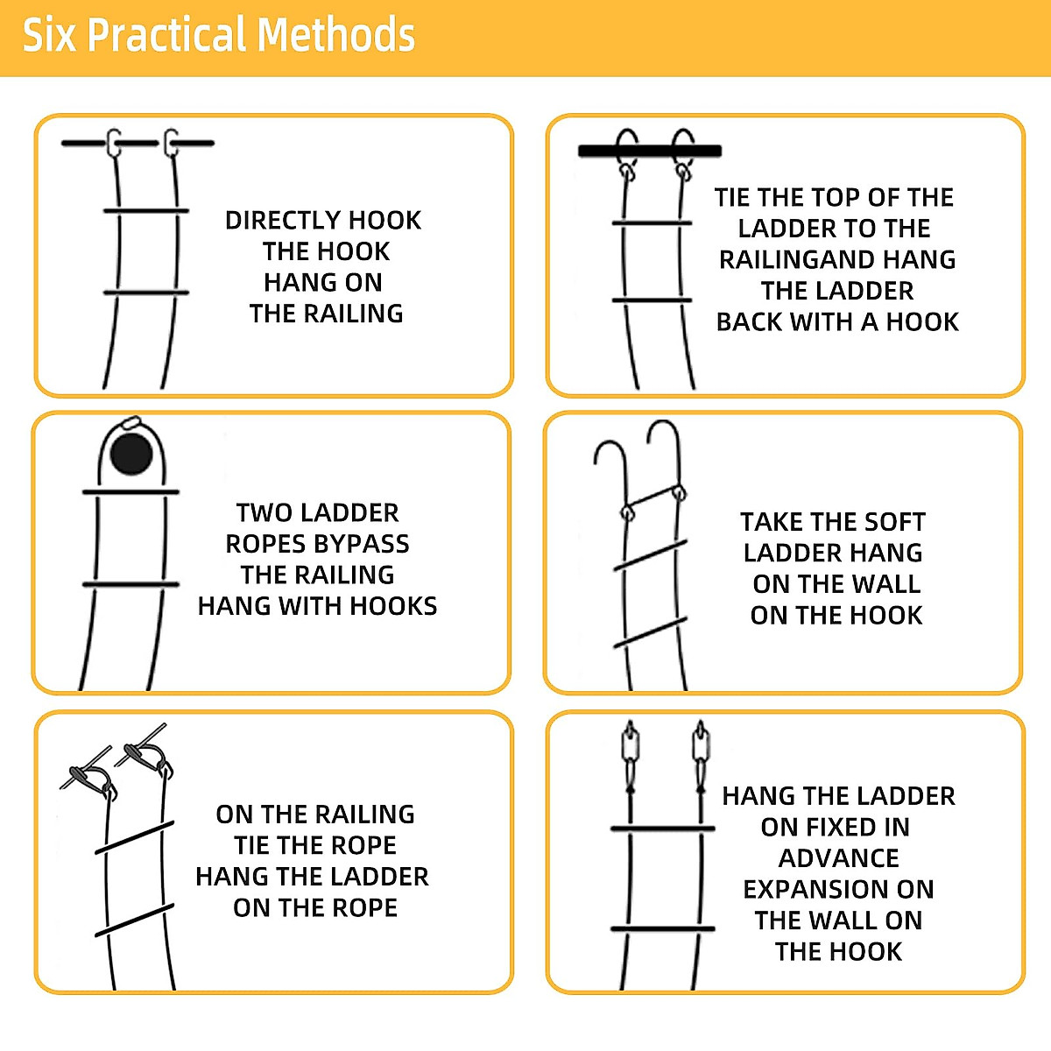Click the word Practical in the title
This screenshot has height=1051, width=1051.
[x=166, y=36]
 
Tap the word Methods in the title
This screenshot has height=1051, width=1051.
[x=336, y=36]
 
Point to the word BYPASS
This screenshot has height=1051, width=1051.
[x=360, y=544]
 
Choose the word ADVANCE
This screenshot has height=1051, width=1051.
[x=838, y=858]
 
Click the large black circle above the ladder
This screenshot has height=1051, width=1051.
[x=131, y=453]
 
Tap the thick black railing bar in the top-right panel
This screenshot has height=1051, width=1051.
[x=649, y=152]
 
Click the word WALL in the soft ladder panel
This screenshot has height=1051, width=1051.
[x=885, y=584]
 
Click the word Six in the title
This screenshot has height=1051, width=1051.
[x=49, y=36]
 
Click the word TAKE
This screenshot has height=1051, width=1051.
[x=772, y=522]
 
